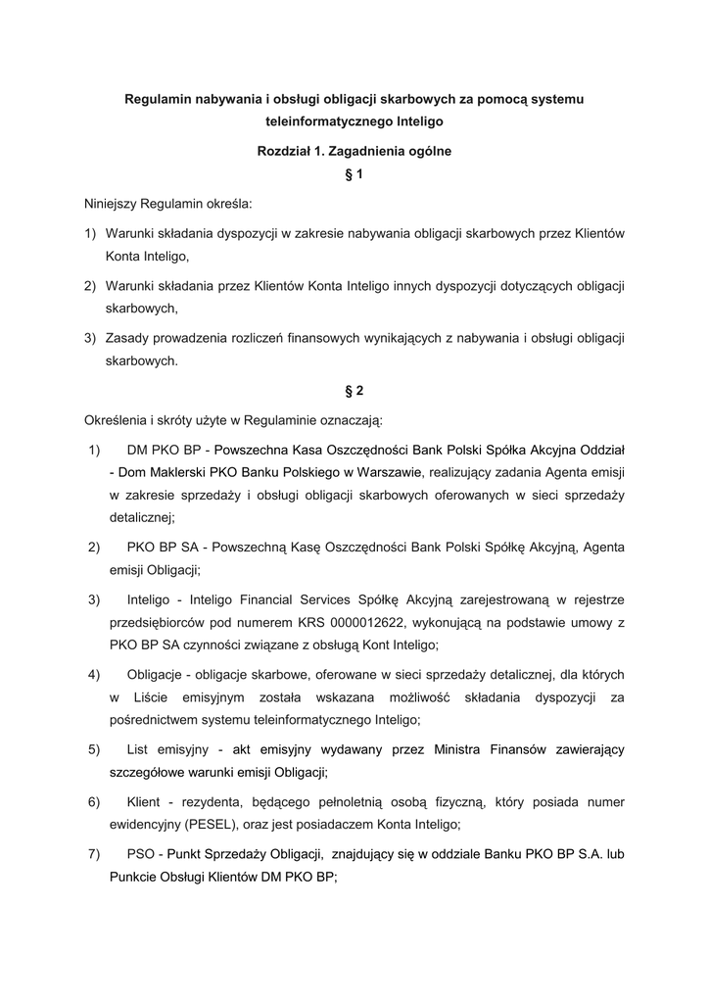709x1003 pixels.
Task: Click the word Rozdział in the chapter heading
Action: [x=284, y=152]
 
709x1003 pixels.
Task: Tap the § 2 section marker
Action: [x=354, y=391]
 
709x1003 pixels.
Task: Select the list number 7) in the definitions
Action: [x=95, y=854]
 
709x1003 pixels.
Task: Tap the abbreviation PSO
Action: [x=141, y=854]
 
